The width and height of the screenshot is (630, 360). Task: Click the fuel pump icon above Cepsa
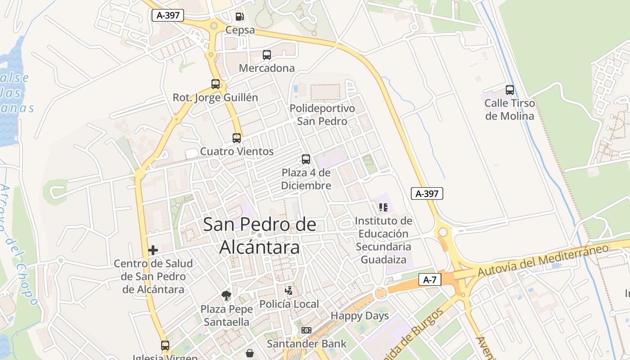[x=240, y=17]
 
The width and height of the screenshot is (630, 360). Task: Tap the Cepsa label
[x=240, y=30]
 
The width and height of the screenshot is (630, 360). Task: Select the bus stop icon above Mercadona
[x=267, y=55]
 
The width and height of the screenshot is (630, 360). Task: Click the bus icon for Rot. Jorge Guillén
[x=216, y=84]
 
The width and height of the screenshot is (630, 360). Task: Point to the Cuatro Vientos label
[x=237, y=151]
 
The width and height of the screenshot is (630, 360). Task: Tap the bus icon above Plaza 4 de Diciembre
[x=306, y=159]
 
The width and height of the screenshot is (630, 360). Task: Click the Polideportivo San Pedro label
[x=322, y=115]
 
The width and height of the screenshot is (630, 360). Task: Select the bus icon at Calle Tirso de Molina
[x=510, y=90]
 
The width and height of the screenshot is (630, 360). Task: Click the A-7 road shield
[x=430, y=279]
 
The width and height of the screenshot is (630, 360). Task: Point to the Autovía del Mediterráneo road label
[x=543, y=260]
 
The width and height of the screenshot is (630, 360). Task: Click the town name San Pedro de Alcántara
[x=260, y=235]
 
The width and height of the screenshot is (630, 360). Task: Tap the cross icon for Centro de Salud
[x=153, y=250]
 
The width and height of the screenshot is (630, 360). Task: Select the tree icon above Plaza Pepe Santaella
[x=226, y=296]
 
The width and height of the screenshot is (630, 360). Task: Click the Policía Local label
[x=289, y=304]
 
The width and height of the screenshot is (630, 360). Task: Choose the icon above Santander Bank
[x=306, y=330]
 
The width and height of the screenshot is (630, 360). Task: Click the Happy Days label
[x=360, y=316]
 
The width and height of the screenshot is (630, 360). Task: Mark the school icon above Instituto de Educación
[x=383, y=207]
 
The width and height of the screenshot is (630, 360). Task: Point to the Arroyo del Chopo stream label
[x=20, y=245]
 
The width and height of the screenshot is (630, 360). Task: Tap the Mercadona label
[x=267, y=68]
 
